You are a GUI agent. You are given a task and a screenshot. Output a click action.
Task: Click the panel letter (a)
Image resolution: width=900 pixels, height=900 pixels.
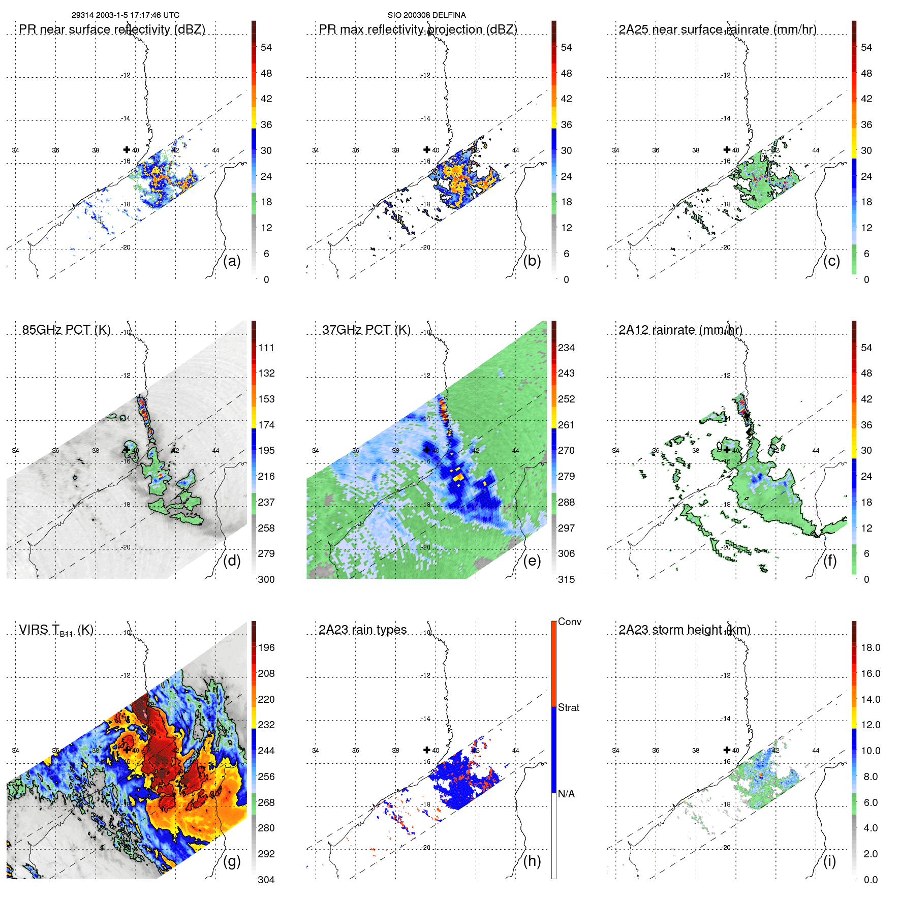232,261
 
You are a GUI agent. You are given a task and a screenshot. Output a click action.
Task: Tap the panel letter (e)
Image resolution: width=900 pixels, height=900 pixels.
532,561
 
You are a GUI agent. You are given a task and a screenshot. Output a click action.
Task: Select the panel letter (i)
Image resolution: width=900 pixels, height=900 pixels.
829,861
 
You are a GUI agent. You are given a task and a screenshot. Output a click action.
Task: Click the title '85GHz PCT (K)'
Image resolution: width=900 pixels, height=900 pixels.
66,330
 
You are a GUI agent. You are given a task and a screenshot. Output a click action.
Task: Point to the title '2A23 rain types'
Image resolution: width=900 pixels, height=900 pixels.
362,630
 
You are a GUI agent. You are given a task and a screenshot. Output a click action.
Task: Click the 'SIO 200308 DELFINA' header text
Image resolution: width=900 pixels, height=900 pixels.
426,15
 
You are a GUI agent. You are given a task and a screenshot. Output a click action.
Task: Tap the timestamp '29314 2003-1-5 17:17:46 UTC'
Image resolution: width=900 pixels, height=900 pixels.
125,15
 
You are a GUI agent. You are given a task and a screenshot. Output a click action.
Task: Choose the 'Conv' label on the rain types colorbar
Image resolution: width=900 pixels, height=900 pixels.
569,622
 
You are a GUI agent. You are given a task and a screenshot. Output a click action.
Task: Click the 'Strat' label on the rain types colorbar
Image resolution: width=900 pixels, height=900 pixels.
568,707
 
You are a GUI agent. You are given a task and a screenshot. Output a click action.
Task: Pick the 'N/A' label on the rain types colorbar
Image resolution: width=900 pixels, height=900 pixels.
567,794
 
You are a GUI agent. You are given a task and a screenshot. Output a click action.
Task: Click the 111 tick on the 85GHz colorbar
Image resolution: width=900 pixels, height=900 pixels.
266,348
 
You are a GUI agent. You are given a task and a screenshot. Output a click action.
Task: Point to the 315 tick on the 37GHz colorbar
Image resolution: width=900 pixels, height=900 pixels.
566,579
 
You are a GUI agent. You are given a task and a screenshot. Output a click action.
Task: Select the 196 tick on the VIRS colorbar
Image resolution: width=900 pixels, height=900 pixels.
266,647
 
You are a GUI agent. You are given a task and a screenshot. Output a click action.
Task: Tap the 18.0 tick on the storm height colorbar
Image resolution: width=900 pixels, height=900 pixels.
870,647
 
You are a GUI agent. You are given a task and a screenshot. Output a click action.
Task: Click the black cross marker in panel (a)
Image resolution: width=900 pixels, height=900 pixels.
127,149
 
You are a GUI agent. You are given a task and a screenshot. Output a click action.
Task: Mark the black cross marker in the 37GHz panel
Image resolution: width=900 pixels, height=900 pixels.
427,450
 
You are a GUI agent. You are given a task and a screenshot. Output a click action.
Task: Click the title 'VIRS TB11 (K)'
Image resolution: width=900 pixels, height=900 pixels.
56,630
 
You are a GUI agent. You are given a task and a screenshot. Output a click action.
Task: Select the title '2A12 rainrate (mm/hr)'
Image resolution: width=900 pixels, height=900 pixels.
680,330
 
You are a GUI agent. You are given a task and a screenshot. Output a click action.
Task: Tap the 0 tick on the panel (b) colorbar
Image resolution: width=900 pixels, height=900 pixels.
566,280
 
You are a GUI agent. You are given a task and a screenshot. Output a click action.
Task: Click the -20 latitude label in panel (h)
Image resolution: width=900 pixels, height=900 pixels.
425,847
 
